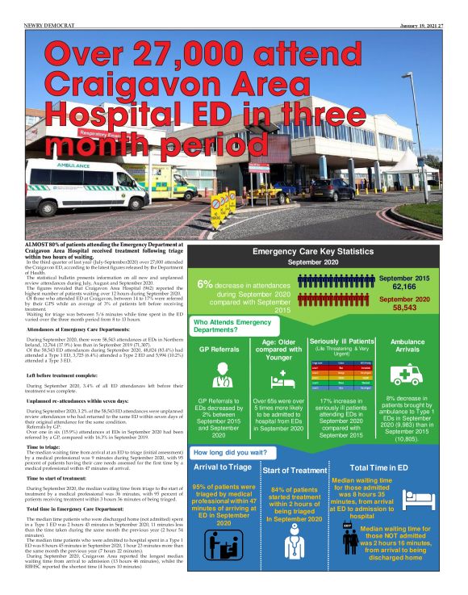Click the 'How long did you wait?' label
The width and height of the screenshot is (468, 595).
click(x=230, y=453)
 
